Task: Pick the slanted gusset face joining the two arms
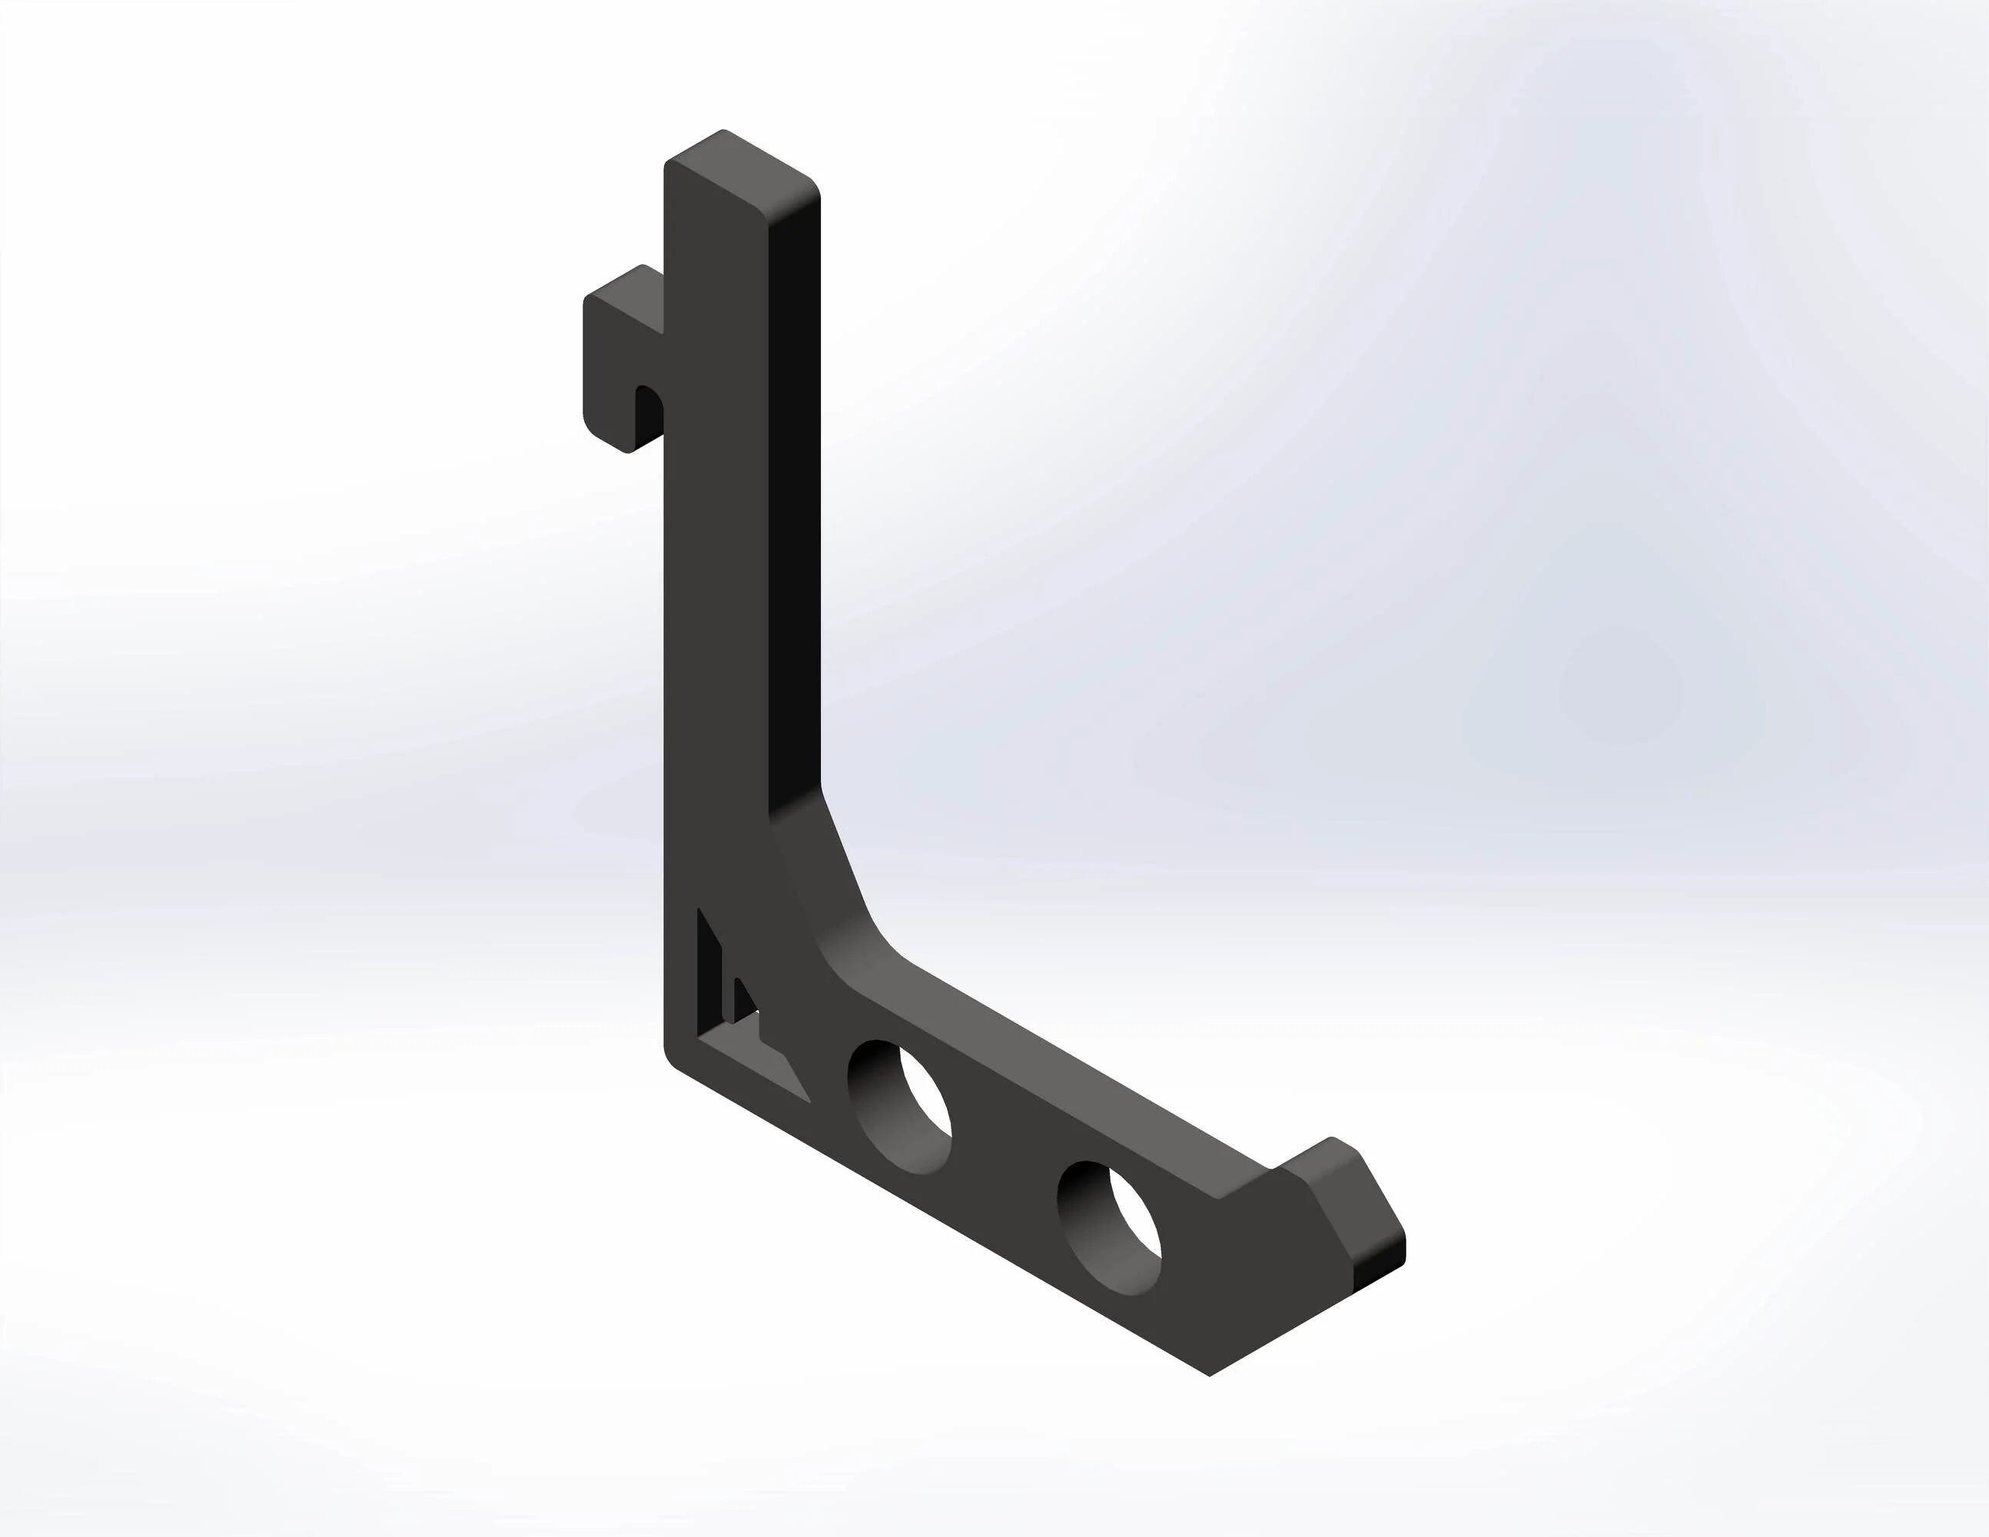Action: [x=819, y=874]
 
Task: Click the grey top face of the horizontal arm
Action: [x=1048, y=1084]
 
